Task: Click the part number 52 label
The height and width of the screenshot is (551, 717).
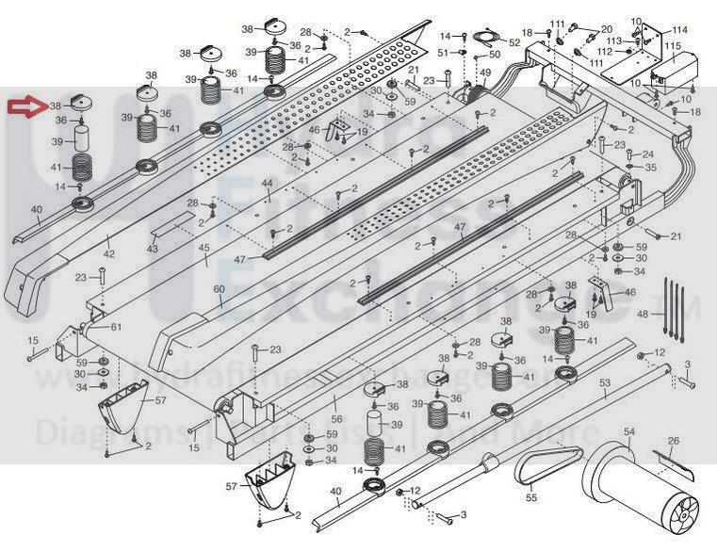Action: click(x=514, y=42)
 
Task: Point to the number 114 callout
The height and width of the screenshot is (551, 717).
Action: click(x=679, y=30)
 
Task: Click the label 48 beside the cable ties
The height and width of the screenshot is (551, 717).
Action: click(x=644, y=314)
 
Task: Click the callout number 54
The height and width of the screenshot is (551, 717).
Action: click(x=629, y=430)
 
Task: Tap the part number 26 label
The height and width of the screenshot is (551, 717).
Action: click(x=673, y=441)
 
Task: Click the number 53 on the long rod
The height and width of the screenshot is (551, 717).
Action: click(x=605, y=381)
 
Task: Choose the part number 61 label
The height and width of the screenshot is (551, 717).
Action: click(x=116, y=327)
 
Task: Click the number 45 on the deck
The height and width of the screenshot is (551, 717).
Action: click(x=204, y=248)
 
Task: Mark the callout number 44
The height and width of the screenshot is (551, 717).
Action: click(x=268, y=183)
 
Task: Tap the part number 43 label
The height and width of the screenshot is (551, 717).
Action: click(x=153, y=248)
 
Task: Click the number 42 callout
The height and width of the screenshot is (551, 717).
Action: click(x=108, y=254)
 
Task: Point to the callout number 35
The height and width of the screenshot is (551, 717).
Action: click(x=649, y=168)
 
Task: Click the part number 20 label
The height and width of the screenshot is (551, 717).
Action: click(x=607, y=29)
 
